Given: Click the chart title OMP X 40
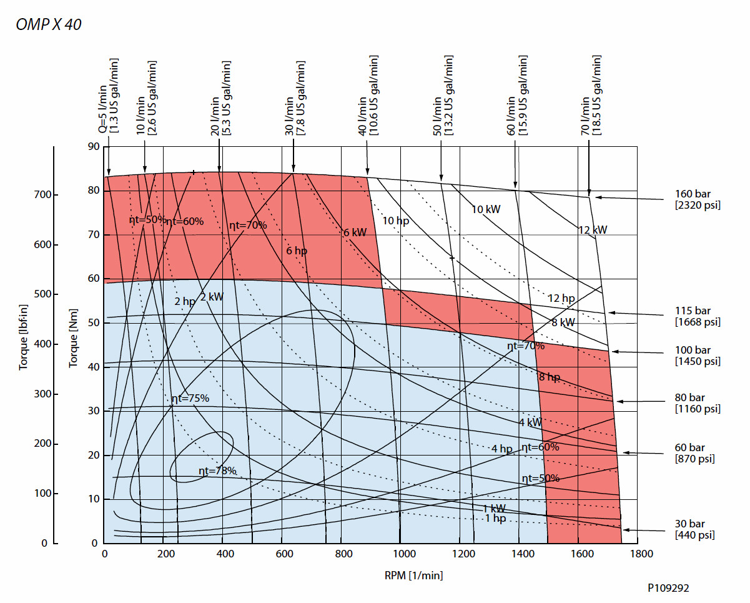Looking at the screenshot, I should [49, 25].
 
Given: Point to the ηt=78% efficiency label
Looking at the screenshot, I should [217, 471].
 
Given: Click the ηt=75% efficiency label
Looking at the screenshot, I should [190, 399].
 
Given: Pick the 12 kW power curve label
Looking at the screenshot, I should [592, 231].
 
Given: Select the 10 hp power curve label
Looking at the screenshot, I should [397, 221].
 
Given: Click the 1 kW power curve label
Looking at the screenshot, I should [494, 508].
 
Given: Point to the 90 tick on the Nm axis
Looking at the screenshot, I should [94, 147].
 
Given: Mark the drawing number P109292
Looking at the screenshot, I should [668, 588].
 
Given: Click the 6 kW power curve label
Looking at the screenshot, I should [355, 232].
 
